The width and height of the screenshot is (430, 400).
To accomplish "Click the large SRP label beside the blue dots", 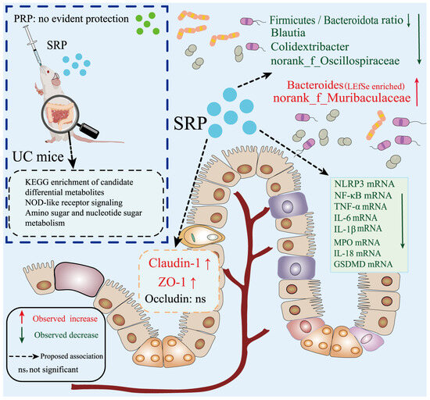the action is pyautogui.click(x=190, y=123).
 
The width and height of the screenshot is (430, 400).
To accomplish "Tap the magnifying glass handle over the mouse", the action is pyautogui.click(x=88, y=130).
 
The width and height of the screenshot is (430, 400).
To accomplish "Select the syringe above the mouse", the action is pyautogui.click(x=34, y=45).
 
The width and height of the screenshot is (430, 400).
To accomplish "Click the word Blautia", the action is pyautogui.click(x=288, y=33).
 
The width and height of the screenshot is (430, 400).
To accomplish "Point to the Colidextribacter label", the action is pyautogui.click(x=310, y=47).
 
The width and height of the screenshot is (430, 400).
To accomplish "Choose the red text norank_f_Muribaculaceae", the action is pyautogui.click(x=342, y=98).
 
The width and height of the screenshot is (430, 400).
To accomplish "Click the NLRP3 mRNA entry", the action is pyautogui.click(x=364, y=184).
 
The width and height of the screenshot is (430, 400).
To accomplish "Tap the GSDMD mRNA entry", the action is pyautogui.click(x=363, y=264).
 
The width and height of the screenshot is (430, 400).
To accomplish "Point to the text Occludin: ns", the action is pyautogui.click(x=175, y=298).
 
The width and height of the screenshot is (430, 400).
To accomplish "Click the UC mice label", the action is pyautogui.click(x=38, y=157).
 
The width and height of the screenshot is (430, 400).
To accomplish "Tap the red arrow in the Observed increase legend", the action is pyautogui.click(x=22, y=319).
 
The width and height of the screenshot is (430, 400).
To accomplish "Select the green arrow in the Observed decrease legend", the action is pyautogui.click(x=22, y=336).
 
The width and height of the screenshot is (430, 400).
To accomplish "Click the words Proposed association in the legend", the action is pyautogui.click(x=72, y=356).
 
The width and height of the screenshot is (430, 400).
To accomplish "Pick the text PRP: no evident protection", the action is pyautogui.click(x=71, y=19).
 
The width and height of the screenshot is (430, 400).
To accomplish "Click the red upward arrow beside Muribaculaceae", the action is pyautogui.click(x=417, y=92).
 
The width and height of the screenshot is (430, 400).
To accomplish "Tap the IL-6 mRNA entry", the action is pyautogui.click(x=356, y=218).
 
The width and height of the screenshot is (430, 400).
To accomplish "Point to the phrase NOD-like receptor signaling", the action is pyautogui.click(x=74, y=203).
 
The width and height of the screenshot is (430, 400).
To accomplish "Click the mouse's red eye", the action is pyautogui.click(x=48, y=72).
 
